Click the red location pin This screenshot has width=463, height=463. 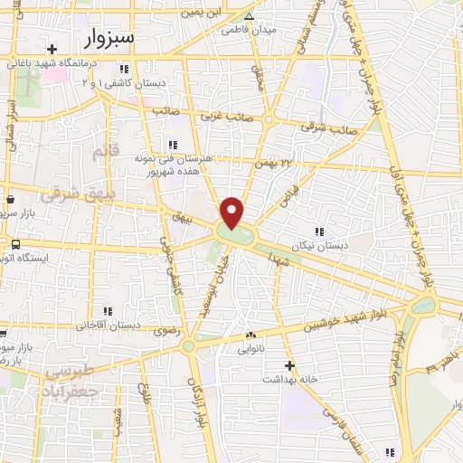click(x=233, y=212)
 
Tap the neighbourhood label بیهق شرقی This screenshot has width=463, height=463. click(x=58, y=193)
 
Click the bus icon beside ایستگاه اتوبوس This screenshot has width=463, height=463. click(x=15, y=244)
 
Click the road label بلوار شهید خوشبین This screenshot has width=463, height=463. click(x=327, y=322)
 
